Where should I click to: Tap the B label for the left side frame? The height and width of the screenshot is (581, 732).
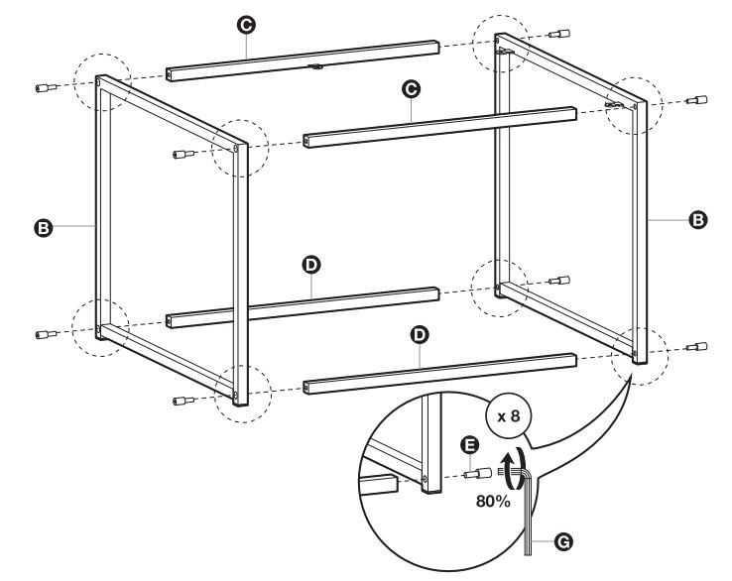point(43,227)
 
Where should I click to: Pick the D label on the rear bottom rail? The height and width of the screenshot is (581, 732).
point(311,265)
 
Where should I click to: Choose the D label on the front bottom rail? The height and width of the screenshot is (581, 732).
point(420,334)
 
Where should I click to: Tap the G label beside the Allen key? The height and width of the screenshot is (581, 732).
point(564,541)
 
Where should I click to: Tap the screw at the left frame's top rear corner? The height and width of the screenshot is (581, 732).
point(46,88)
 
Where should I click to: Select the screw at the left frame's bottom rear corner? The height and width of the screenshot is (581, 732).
point(46,334)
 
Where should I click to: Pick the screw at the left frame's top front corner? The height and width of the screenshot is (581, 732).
point(183,154)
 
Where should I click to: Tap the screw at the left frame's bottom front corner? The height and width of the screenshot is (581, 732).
point(183,401)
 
